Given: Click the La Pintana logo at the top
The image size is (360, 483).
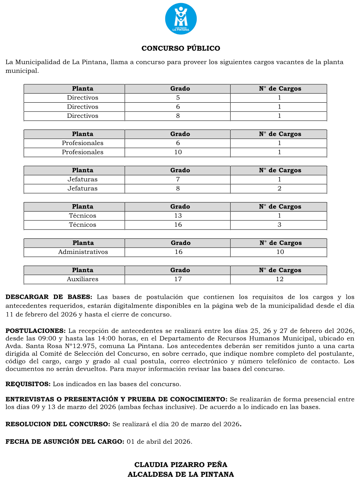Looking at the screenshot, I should pyautogui.click(x=181, y=19).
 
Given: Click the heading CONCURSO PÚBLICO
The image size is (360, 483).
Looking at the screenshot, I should pyautogui.click(x=181, y=49).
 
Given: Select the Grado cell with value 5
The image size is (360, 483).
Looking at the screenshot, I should pyautogui.click(x=178, y=98).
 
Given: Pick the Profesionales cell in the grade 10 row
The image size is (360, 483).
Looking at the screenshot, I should pyautogui.click(x=82, y=152).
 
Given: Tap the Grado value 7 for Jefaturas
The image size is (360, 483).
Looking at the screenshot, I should pyautogui.click(x=178, y=179).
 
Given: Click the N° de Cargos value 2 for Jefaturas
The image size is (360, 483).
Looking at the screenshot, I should pyautogui.click(x=279, y=189).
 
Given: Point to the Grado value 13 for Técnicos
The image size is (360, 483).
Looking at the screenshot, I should pyautogui.click(x=178, y=216).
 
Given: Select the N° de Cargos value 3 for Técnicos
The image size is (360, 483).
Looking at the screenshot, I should pyautogui.click(x=279, y=225).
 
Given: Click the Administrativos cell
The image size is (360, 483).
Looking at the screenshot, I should pyautogui.click(x=83, y=252).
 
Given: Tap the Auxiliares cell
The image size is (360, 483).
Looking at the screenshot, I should pyautogui.click(x=82, y=279).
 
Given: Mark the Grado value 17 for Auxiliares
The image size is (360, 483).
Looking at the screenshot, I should pyautogui.click(x=178, y=279).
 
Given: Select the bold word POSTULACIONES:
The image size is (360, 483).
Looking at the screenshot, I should pyautogui.click(x=35, y=331).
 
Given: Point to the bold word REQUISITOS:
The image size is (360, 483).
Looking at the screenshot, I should pyautogui.click(x=28, y=384).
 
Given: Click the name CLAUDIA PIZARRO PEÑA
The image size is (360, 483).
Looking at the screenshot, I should pyautogui.click(x=181, y=465).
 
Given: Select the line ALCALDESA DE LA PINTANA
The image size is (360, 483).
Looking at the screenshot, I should pyautogui.click(x=181, y=474).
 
